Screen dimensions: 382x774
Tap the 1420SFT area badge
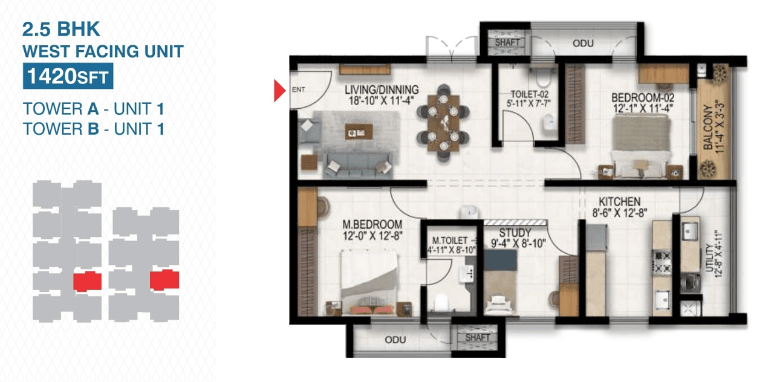[x=68, y=77]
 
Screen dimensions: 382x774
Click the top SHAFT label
[x=507, y=43]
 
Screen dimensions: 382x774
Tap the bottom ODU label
[x=395, y=340]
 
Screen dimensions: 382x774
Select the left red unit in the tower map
[x=87, y=282]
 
